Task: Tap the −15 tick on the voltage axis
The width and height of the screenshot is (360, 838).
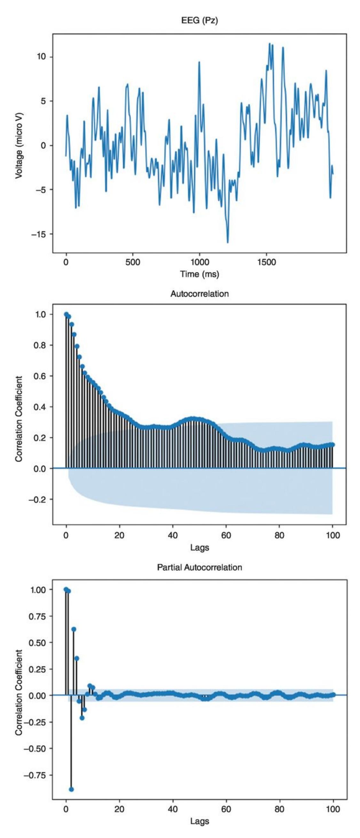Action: click(41, 234)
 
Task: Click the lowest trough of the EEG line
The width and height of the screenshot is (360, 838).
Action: click(228, 242)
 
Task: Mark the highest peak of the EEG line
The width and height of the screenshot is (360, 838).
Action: click(269, 43)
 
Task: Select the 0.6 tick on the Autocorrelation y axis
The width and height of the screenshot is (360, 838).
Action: click(42, 376)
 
